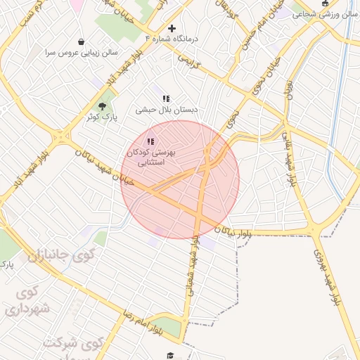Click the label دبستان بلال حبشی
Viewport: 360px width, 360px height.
(167, 110)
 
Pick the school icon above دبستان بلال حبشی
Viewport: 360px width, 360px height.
(166, 99)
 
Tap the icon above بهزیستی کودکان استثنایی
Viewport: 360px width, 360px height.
(151, 141)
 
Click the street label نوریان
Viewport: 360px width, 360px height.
(288, 90)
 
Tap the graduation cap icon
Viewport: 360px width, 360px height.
(169, 355)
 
